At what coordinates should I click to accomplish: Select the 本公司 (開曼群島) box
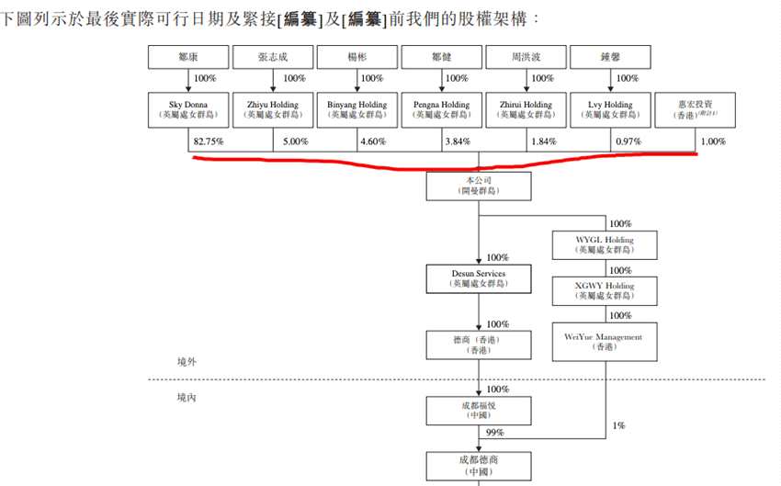pos(479,186)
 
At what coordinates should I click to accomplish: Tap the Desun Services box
pos(479,278)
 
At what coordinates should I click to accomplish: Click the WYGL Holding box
pos(605,244)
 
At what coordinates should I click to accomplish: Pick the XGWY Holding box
pos(605,291)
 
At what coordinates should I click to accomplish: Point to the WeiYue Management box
pos(605,341)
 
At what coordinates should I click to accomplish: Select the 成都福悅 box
pos(479,409)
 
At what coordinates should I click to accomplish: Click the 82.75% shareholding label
pos(209,141)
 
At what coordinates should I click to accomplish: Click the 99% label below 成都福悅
pos(494,433)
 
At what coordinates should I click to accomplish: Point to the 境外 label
pos(187,362)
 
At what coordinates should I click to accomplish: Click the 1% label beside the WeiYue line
pos(619,425)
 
